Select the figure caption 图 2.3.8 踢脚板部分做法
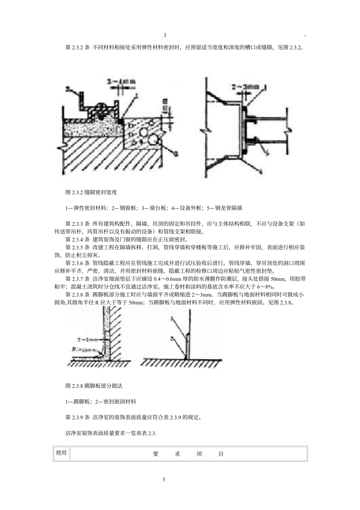(x=94, y=386)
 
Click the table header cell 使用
(x=61, y=453)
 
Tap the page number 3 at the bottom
(x=164, y=479)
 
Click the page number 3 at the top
(x=165, y=36)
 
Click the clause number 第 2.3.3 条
(x=77, y=224)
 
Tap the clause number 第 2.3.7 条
(x=77, y=279)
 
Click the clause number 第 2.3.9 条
(x=77, y=417)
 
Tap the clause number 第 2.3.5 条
(x=77, y=247)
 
